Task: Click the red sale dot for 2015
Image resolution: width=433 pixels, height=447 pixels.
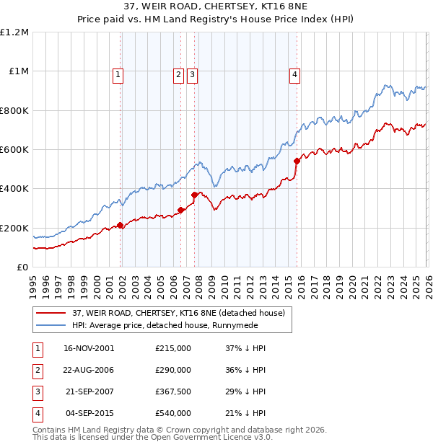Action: tap(297, 161)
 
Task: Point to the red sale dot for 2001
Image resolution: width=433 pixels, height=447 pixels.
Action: tap(121, 225)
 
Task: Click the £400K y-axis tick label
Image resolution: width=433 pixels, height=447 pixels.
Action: tap(15, 189)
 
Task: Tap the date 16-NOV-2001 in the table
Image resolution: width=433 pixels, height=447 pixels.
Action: tap(89, 348)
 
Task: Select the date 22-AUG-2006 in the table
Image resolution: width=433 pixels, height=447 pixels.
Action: tap(89, 370)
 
